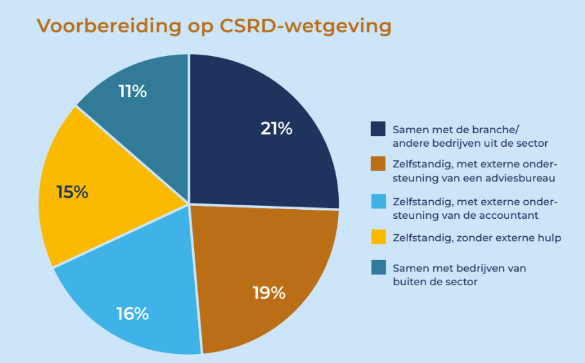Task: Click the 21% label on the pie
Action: [x=276, y=129]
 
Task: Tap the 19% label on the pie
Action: [x=268, y=293]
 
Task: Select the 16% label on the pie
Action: [x=132, y=314]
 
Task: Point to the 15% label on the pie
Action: [x=72, y=192]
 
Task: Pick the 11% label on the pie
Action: [x=132, y=91]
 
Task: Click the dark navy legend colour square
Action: [x=378, y=129]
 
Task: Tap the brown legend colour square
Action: [x=378, y=164]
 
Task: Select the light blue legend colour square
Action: [x=378, y=201]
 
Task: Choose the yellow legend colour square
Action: [x=378, y=237]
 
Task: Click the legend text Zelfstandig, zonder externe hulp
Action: [x=476, y=238]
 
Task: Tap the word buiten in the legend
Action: [x=409, y=281]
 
